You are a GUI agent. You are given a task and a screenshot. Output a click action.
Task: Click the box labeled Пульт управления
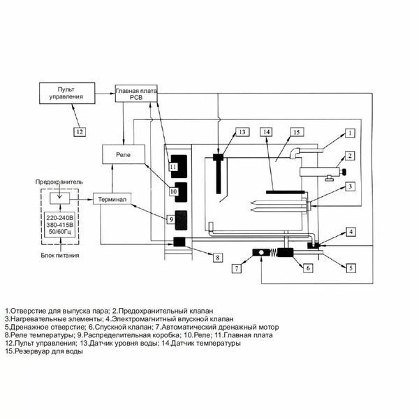[67, 93]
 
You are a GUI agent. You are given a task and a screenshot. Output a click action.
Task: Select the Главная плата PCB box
[136, 94]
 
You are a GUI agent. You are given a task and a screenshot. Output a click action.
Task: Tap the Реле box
[124, 154]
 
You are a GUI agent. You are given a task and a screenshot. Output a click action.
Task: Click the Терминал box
[112, 199]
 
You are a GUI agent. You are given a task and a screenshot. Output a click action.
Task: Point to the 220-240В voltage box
[59, 224]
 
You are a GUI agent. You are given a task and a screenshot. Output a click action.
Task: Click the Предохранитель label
[59, 182]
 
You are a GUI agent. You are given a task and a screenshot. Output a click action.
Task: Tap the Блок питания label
[60, 255]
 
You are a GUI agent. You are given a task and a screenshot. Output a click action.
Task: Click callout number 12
[80, 132]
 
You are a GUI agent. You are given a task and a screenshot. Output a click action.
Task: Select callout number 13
[242, 132]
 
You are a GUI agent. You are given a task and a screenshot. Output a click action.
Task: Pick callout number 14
[267, 132]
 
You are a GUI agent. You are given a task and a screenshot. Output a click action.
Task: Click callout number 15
[297, 132]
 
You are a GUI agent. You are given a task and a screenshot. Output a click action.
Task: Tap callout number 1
[350, 133]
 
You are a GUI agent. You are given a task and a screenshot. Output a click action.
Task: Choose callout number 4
[351, 231]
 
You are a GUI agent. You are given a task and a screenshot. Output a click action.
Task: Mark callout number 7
[237, 268]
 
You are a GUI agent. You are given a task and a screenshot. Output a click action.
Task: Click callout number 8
[218, 257]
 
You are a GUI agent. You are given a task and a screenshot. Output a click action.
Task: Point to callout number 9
[171, 219]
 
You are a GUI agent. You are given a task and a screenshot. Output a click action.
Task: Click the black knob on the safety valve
[344, 172]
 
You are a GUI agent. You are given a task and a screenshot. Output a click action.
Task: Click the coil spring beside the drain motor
[272, 253]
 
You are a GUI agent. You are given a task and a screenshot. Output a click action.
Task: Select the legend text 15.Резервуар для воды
[44, 351]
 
